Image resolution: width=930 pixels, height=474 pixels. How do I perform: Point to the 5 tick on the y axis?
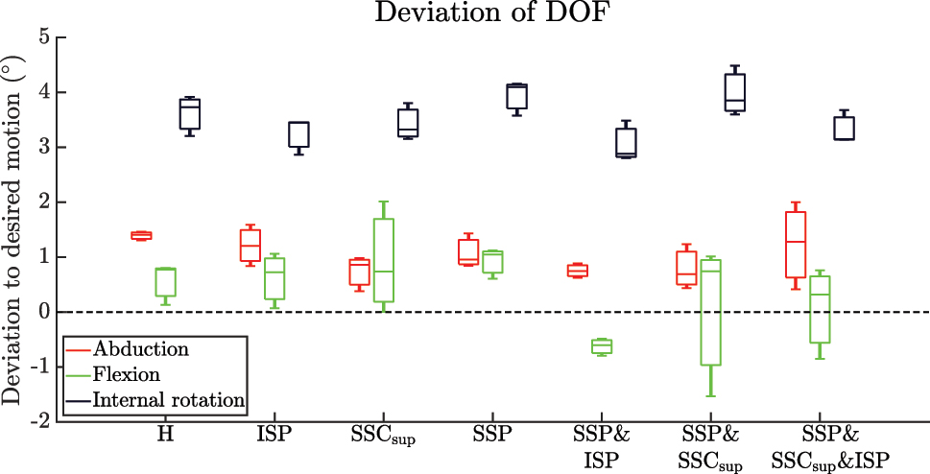point(46,38)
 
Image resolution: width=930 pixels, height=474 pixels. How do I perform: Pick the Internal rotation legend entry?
point(170,399)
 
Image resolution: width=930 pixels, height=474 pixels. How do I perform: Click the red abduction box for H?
point(141,235)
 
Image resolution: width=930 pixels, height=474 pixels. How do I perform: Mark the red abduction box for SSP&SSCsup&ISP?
point(795,245)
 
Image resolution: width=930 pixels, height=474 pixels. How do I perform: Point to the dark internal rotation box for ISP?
point(298,134)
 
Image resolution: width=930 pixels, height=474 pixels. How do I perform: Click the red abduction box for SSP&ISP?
point(577,271)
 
